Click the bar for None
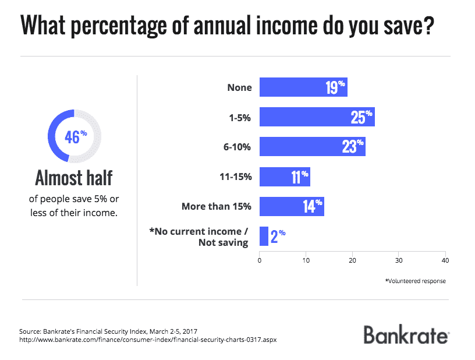pos(303,87)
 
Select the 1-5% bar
pos(317,117)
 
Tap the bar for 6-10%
pos(312,147)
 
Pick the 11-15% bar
pos(284,177)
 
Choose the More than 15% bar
pos(291,206)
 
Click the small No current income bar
pos(264,236)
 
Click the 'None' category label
pos(240,87)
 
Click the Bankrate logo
pos(406,334)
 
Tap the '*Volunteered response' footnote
pos(416,281)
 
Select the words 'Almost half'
pos(74,177)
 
